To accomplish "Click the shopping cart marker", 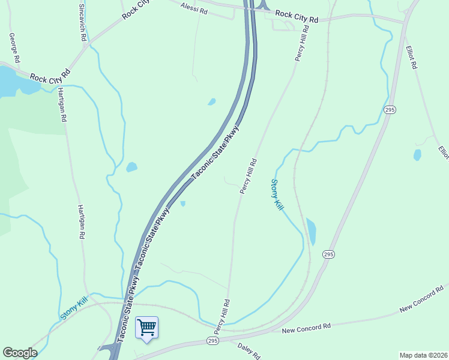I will point(146,328).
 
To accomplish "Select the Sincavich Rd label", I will point(83,22).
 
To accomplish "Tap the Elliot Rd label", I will point(411,58).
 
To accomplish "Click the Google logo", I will point(19,353).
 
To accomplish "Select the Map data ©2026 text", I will point(423,355).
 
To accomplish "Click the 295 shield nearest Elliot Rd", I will point(390,110).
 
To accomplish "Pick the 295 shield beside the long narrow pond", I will point(327,254).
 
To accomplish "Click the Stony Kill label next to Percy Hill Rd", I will point(277,194).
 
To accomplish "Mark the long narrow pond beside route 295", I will point(311,231).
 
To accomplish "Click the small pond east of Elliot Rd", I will point(417,155).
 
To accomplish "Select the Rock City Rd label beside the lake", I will point(50,77).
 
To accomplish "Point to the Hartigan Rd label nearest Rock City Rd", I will point(61,105).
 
